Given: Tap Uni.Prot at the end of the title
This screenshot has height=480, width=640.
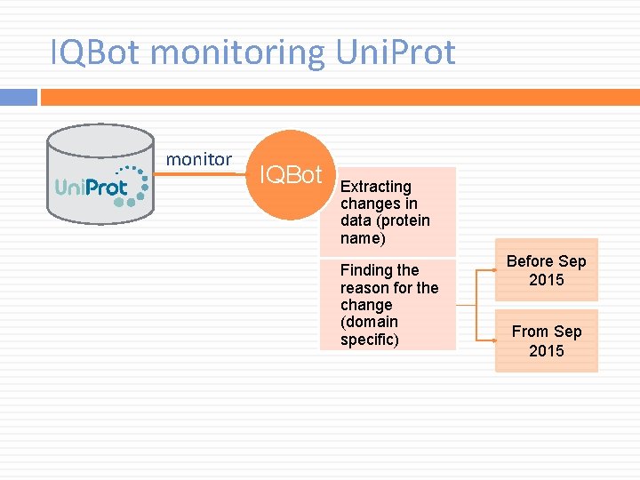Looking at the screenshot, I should (x=396, y=52).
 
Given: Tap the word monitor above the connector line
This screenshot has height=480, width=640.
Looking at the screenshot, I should (x=199, y=159).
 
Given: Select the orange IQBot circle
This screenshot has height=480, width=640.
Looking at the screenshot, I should (x=289, y=175).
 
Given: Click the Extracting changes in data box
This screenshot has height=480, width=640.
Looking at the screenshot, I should (x=388, y=212).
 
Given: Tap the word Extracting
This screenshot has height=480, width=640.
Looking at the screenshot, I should (x=376, y=187).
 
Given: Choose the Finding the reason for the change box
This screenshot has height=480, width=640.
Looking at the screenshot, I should (x=388, y=304).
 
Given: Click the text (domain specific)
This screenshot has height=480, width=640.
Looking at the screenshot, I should (x=370, y=330).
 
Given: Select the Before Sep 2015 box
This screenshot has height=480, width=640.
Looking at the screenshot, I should (x=547, y=270).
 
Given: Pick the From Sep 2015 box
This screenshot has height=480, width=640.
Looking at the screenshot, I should (x=547, y=340).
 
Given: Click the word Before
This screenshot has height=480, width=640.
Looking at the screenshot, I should (x=530, y=261).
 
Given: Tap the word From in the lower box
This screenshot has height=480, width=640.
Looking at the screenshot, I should (x=530, y=332).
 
